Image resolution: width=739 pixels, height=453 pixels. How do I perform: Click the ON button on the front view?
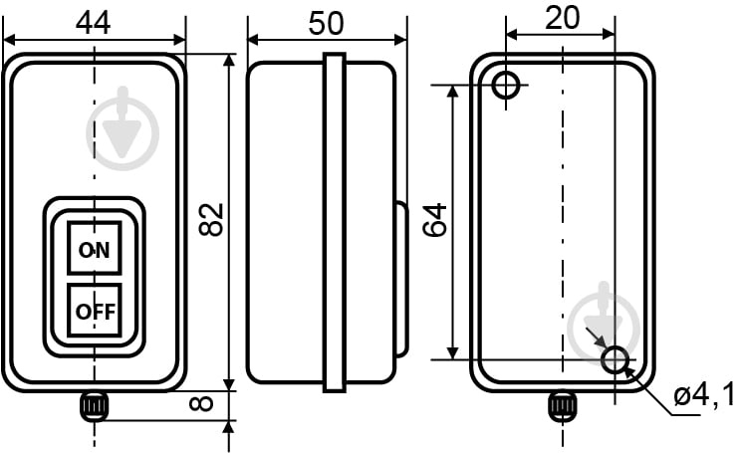95,248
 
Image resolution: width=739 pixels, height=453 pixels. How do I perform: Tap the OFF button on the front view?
95,311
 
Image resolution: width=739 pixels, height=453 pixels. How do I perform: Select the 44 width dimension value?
93,22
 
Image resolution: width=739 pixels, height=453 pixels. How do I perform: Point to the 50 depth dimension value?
326,23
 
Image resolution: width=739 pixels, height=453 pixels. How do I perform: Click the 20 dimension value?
562,18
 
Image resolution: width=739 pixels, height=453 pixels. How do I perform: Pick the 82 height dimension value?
211,219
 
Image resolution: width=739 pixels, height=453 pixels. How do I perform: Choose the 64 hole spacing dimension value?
434,219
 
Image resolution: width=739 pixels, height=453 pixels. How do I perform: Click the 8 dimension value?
201,403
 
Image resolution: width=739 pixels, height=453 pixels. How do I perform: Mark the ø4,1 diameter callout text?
704,393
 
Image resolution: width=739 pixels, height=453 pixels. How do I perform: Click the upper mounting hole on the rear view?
506,86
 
